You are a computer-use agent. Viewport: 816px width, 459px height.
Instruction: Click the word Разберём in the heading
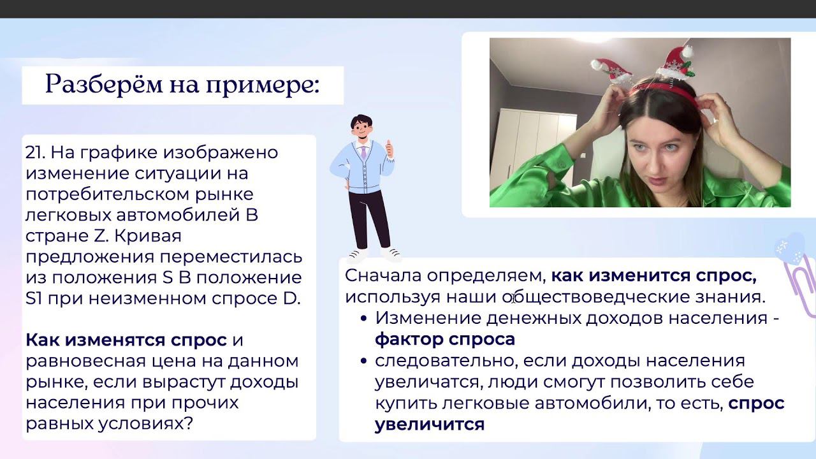click(104, 85)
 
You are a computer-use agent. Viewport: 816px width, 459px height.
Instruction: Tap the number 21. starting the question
click(35, 152)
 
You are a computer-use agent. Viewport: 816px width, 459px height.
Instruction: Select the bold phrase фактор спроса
click(445, 340)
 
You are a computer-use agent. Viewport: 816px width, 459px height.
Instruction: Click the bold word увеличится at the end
click(430, 425)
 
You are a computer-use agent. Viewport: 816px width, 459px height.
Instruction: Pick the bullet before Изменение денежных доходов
click(363, 319)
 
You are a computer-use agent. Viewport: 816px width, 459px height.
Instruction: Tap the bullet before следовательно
click(363, 361)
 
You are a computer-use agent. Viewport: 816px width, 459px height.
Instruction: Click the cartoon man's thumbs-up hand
click(390, 149)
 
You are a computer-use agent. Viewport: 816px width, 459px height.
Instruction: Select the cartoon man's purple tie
click(363, 152)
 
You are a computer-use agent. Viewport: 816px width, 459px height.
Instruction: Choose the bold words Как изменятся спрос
click(126, 340)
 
